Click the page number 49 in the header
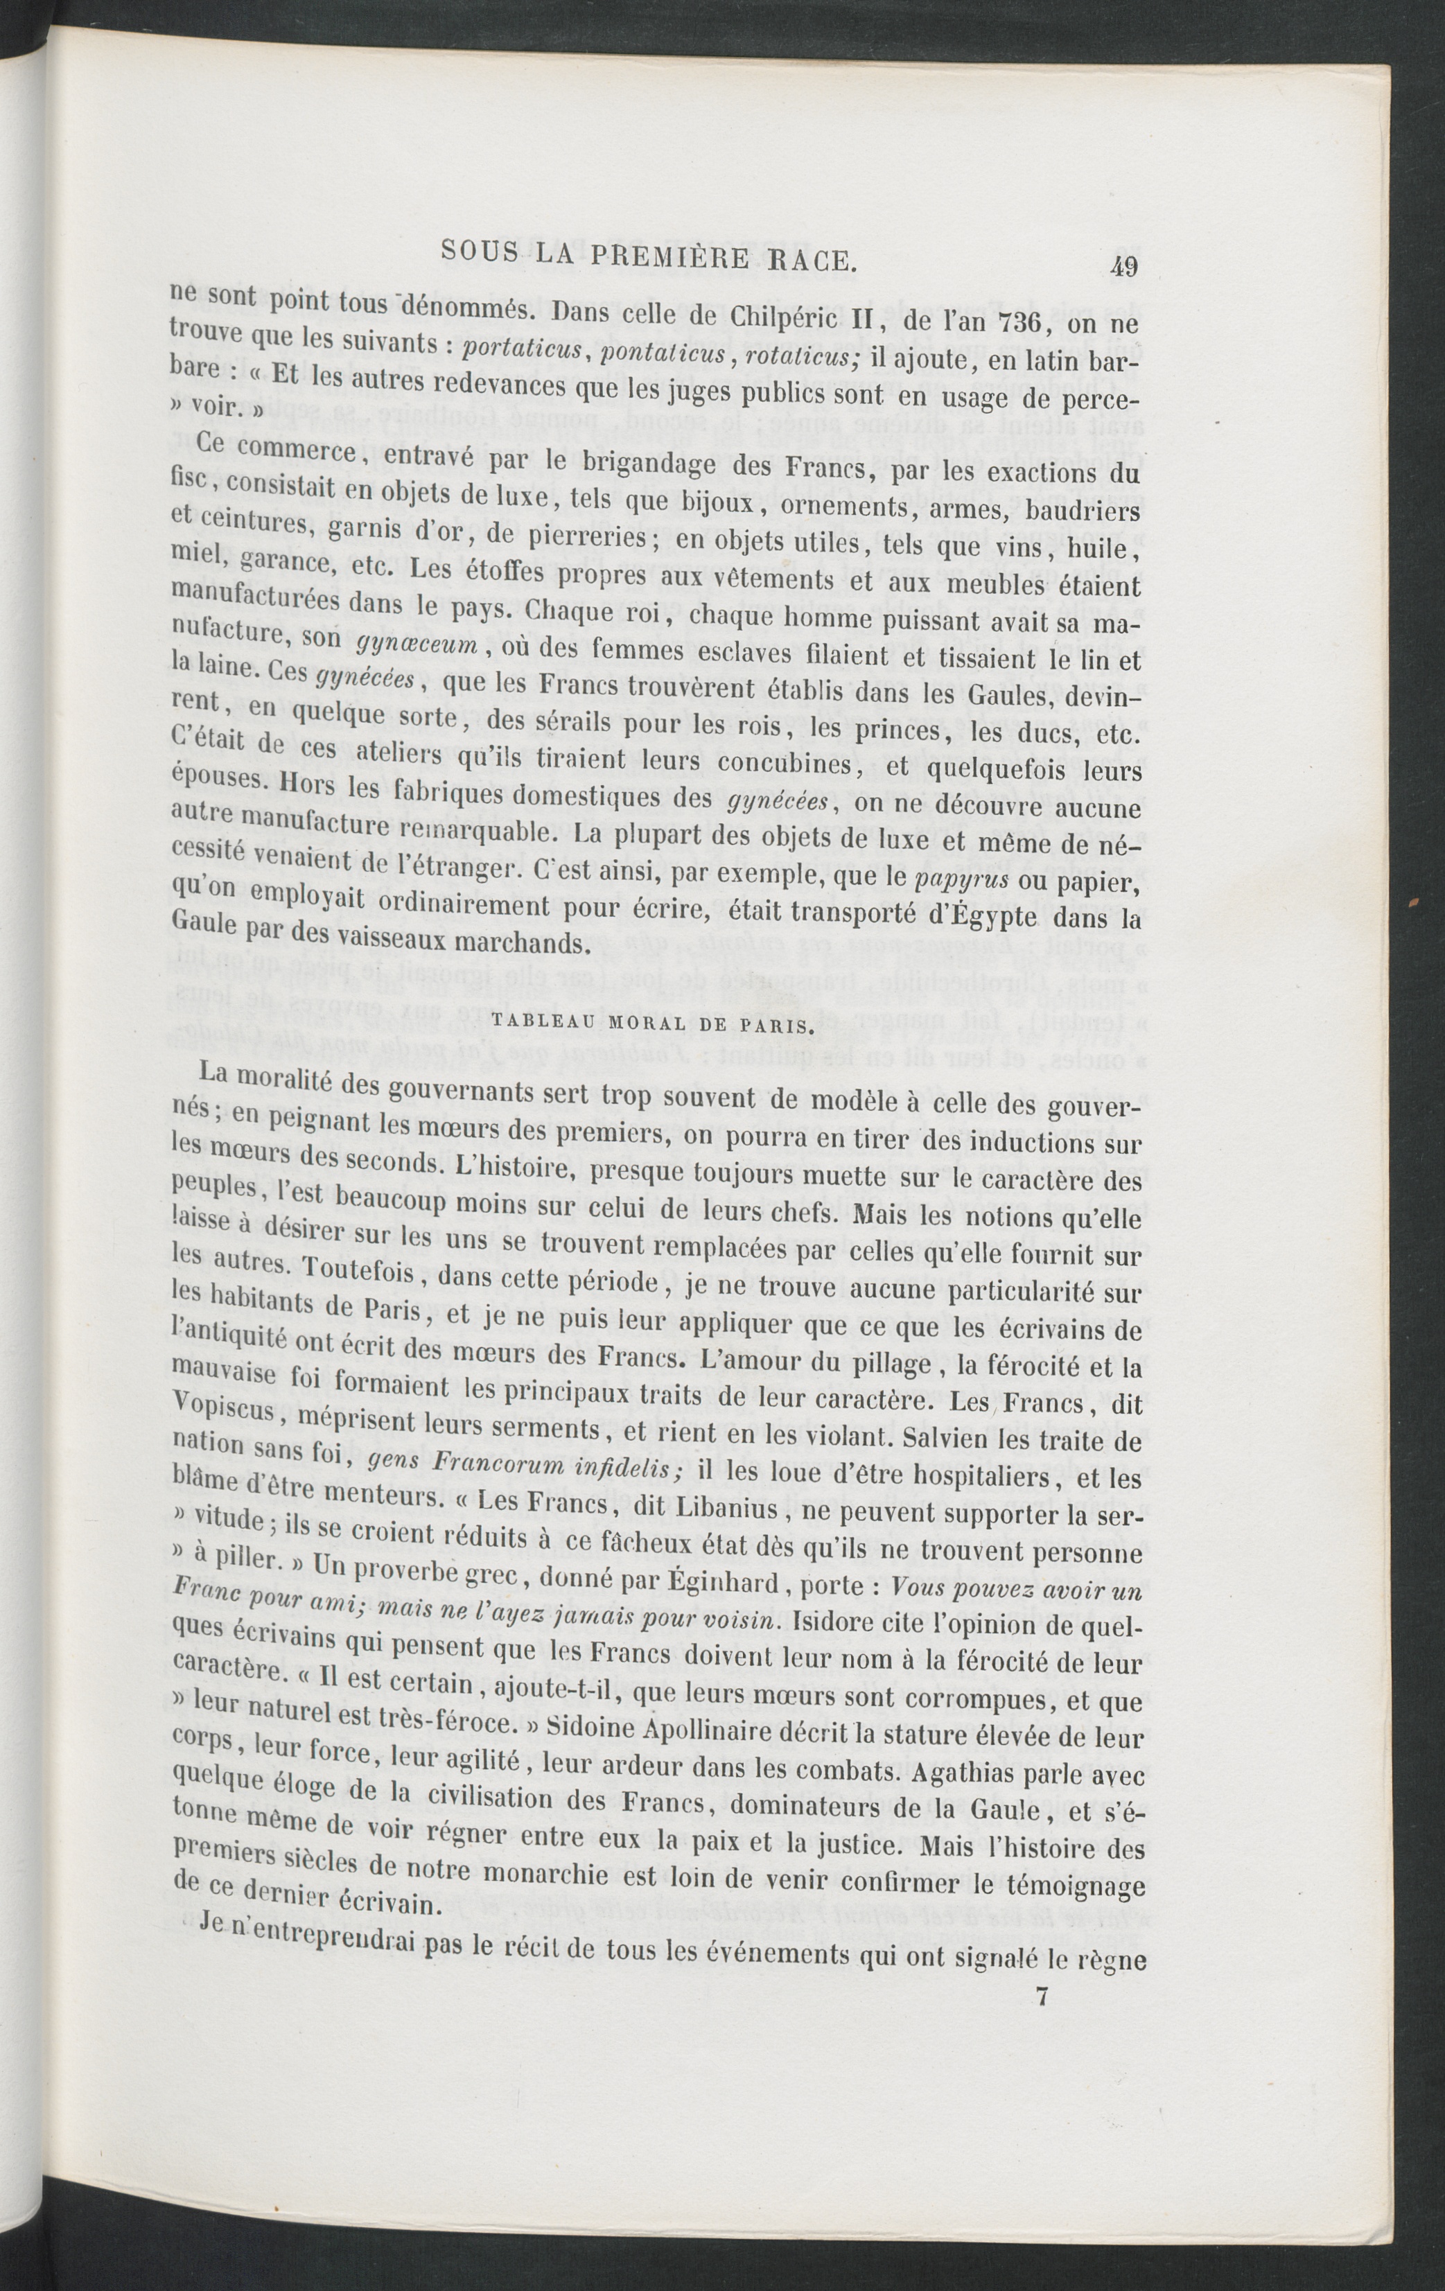tap(1123, 267)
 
